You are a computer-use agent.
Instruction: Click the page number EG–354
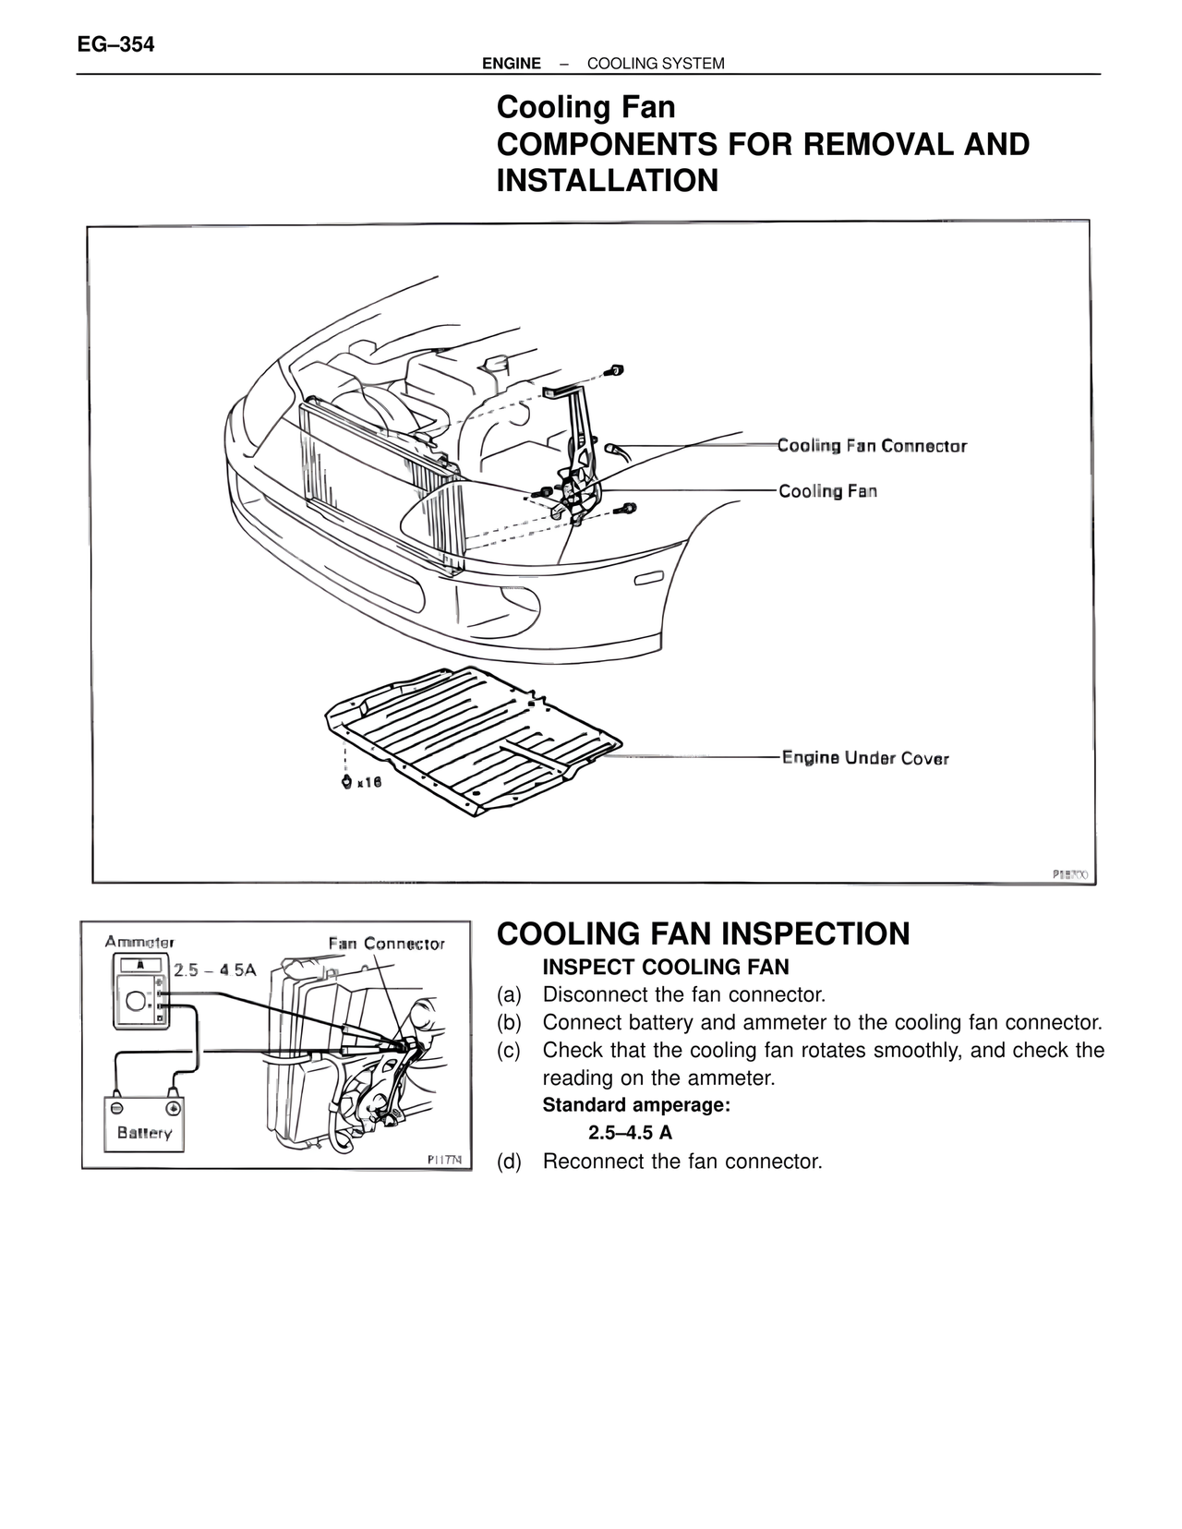coord(115,44)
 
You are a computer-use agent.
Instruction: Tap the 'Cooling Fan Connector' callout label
coord(872,446)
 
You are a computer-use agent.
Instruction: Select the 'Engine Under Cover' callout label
coord(865,758)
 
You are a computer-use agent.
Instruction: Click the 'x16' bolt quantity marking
coord(368,782)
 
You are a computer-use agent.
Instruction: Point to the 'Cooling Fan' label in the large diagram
coord(827,491)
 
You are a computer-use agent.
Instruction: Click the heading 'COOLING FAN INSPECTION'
coord(703,933)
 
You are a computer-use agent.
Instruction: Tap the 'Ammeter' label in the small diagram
coord(139,942)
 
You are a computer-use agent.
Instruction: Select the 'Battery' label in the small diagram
coord(145,1133)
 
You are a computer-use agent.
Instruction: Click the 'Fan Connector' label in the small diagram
coord(387,944)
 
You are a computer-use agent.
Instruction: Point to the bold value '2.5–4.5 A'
coord(630,1133)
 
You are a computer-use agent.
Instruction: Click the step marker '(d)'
coord(509,1161)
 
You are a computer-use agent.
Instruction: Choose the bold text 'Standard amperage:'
coord(636,1105)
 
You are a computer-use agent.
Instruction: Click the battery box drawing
coord(143,1124)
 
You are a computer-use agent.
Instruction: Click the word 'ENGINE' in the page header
coord(512,64)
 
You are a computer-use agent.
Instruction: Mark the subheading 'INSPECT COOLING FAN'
coord(666,967)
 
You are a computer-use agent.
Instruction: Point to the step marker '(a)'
coord(509,994)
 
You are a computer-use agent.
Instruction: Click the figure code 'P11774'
coord(445,1159)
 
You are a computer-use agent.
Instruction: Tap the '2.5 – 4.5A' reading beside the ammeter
coord(215,969)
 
